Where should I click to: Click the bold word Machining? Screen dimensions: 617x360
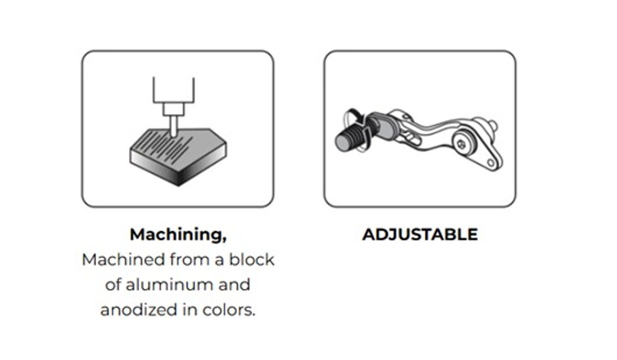click(177, 235)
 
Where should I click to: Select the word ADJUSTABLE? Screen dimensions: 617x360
click(420, 235)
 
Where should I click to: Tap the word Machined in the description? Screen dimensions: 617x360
click(124, 260)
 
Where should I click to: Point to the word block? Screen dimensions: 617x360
click(252, 260)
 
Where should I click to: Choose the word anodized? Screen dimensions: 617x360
click(139, 310)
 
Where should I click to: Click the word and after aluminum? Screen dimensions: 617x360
click(234, 285)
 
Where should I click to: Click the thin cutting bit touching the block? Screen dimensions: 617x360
click(173, 125)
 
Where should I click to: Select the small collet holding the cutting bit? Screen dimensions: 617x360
click(174, 109)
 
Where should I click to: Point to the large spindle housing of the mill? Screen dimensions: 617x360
click(174, 90)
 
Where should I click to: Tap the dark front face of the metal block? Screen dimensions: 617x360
click(154, 165)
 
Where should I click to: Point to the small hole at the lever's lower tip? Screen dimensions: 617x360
click(490, 162)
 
